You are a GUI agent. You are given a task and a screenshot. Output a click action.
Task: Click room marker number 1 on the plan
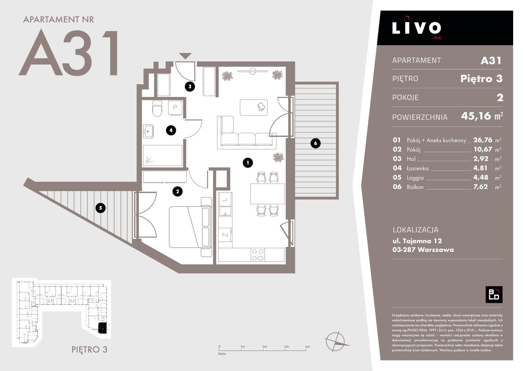(248, 162)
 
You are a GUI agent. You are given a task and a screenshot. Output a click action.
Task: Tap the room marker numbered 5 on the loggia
(100, 208)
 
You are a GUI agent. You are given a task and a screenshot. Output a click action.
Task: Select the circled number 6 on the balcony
(315, 143)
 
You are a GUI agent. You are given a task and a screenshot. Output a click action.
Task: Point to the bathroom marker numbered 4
(171, 130)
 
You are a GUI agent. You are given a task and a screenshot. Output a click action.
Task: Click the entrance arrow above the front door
(185, 56)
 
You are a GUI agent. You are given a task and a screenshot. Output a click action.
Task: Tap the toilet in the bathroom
(157, 108)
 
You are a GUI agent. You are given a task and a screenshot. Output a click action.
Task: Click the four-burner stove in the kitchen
(258, 255)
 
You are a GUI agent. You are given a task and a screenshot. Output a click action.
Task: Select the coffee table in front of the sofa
(254, 108)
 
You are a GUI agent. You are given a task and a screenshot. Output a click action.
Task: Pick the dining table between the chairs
(268, 194)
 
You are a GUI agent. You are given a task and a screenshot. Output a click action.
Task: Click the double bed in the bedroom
(190, 227)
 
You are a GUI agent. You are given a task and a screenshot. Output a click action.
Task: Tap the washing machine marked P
(175, 108)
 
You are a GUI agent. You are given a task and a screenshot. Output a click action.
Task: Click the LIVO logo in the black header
(417, 28)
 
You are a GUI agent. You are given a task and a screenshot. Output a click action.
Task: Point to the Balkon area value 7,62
(480, 187)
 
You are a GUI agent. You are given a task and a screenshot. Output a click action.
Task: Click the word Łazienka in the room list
(417, 168)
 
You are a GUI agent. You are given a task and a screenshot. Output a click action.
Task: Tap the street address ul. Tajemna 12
(417, 241)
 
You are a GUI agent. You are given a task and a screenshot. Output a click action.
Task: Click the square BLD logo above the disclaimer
(494, 294)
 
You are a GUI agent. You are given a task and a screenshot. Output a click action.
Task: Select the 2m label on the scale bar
(265, 346)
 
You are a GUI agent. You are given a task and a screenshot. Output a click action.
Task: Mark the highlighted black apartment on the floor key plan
(102, 328)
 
